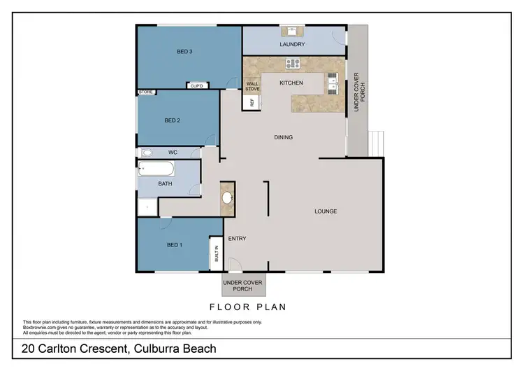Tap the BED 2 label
click(173, 120)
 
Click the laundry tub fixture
click(292, 31)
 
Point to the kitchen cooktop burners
click(292, 64)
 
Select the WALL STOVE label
click(252, 87)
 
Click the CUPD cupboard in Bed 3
click(196, 86)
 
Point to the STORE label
click(146, 92)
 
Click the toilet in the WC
click(147, 152)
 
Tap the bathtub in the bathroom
click(157, 169)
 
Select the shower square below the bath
click(147, 206)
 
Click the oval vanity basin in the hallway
click(228, 197)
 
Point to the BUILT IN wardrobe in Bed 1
click(216, 253)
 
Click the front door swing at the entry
click(235, 265)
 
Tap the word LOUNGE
click(326, 211)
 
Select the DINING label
click(283, 137)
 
